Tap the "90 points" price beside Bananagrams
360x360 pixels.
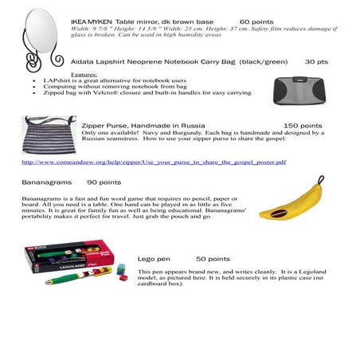click(104, 182)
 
